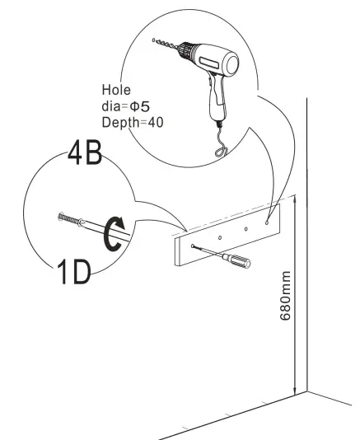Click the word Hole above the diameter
point(116,90)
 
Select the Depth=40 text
point(131,122)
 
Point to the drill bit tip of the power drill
point(154,38)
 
